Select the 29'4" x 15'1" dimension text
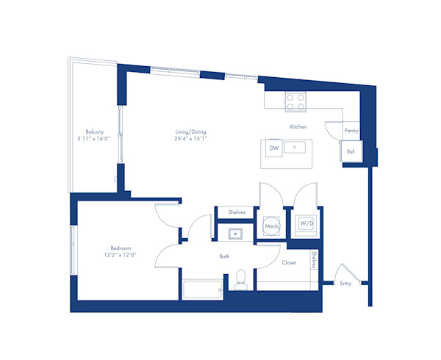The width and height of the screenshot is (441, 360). (190, 138)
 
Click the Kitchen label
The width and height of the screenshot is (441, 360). (298, 127)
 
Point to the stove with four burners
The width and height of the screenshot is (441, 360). (295, 101)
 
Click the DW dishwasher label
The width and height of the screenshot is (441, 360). (273, 148)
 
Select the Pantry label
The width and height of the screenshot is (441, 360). (351, 130)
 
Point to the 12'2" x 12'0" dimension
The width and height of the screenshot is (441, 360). (121, 256)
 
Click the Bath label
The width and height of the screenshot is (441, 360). (225, 256)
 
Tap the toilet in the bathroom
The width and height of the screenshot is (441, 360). (240, 280)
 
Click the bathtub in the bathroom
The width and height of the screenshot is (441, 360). (201, 290)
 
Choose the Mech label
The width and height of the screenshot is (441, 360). (270, 227)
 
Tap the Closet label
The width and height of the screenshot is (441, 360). (289, 262)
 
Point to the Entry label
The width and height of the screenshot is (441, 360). (345, 283)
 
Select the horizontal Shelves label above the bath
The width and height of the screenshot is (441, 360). (236, 212)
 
